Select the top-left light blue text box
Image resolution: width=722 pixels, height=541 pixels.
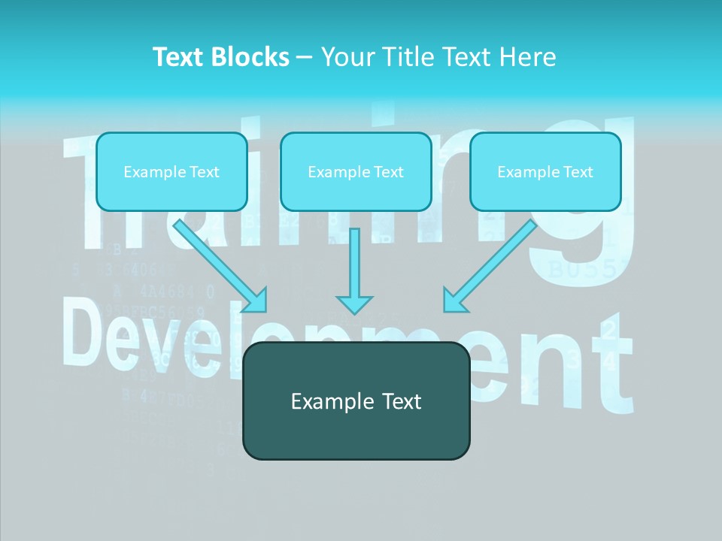tap(171, 171)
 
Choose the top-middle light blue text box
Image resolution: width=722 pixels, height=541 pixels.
tap(356, 171)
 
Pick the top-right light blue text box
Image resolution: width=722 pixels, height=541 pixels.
tap(545, 171)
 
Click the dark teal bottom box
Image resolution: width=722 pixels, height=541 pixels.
tap(356, 400)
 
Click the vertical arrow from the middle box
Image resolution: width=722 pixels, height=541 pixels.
tap(354, 263)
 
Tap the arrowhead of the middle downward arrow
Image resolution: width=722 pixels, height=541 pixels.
tap(354, 304)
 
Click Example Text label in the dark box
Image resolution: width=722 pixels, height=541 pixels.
tap(356, 401)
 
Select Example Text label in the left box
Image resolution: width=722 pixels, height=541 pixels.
tap(171, 172)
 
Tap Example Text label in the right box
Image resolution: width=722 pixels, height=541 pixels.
tap(545, 172)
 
